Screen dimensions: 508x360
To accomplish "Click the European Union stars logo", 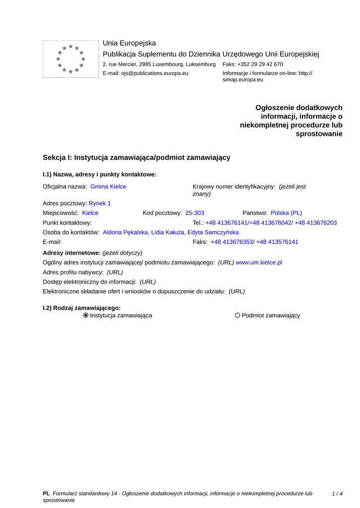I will [71, 59].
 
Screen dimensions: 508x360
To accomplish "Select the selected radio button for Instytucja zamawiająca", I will [86, 316].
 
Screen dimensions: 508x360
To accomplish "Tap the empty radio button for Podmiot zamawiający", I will [237, 316].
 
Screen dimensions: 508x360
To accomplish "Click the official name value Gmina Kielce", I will [108, 187].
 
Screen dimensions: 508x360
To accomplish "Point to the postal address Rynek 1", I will [100, 203].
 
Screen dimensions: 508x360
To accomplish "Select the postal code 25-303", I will [195, 213].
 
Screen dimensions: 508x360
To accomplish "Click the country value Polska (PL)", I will [286, 213].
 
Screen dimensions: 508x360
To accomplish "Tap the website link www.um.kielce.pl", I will [259, 262].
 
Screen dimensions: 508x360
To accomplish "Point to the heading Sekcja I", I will [137, 157].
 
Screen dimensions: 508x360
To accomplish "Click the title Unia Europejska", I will [129, 43].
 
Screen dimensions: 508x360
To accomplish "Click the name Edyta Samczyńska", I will [213, 232].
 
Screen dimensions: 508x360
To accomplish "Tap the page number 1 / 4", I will [337, 494].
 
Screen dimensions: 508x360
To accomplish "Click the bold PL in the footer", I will [46, 494].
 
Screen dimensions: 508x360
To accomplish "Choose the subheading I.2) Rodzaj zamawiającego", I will [81, 308].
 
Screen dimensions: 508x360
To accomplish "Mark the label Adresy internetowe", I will [72, 253].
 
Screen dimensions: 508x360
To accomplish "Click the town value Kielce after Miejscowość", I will [90, 213].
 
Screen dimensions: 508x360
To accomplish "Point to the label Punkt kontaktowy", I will [67, 223].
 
